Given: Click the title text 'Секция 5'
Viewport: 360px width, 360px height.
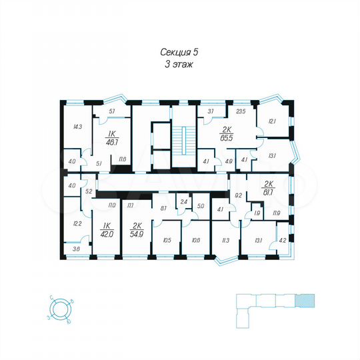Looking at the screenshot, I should click(179, 52).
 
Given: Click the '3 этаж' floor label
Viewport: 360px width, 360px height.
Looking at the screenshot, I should click(179, 65).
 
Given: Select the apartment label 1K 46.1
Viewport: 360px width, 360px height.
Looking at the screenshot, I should click(113, 137).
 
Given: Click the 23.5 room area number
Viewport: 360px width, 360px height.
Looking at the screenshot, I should click(241, 112).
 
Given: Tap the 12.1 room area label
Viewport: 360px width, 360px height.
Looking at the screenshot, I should click(271, 121).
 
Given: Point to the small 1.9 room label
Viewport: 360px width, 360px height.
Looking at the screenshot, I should click(257, 213).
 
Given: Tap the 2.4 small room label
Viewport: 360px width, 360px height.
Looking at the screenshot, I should click(183, 201).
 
